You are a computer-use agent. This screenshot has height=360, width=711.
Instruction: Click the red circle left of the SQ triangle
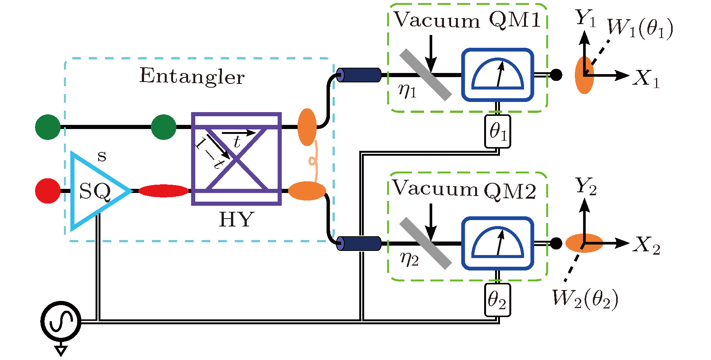(48, 191)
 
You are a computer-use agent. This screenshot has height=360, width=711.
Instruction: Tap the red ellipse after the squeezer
(164, 191)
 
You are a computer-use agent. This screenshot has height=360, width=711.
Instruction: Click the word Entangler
(192, 76)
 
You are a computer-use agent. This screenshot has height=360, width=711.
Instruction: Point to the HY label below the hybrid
(237, 219)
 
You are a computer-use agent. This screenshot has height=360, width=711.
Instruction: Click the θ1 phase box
(498, 132)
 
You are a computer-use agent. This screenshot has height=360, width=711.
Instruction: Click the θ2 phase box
(497, 300)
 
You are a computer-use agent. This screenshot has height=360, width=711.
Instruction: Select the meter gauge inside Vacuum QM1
(498, 75)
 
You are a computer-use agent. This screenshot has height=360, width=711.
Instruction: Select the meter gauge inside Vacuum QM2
(498, 243)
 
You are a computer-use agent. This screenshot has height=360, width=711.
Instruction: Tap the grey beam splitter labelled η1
(425, 75)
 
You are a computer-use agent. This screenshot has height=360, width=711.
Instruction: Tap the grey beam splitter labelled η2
(425, 243)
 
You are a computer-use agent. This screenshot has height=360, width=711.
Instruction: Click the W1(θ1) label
(640, 28)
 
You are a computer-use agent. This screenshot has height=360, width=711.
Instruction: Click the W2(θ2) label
(585, 299)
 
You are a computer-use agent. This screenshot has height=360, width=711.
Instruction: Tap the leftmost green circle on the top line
(48, 127)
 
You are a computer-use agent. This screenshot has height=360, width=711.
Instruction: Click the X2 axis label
(647, 245)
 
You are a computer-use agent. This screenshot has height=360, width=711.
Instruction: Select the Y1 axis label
(586, 18)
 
